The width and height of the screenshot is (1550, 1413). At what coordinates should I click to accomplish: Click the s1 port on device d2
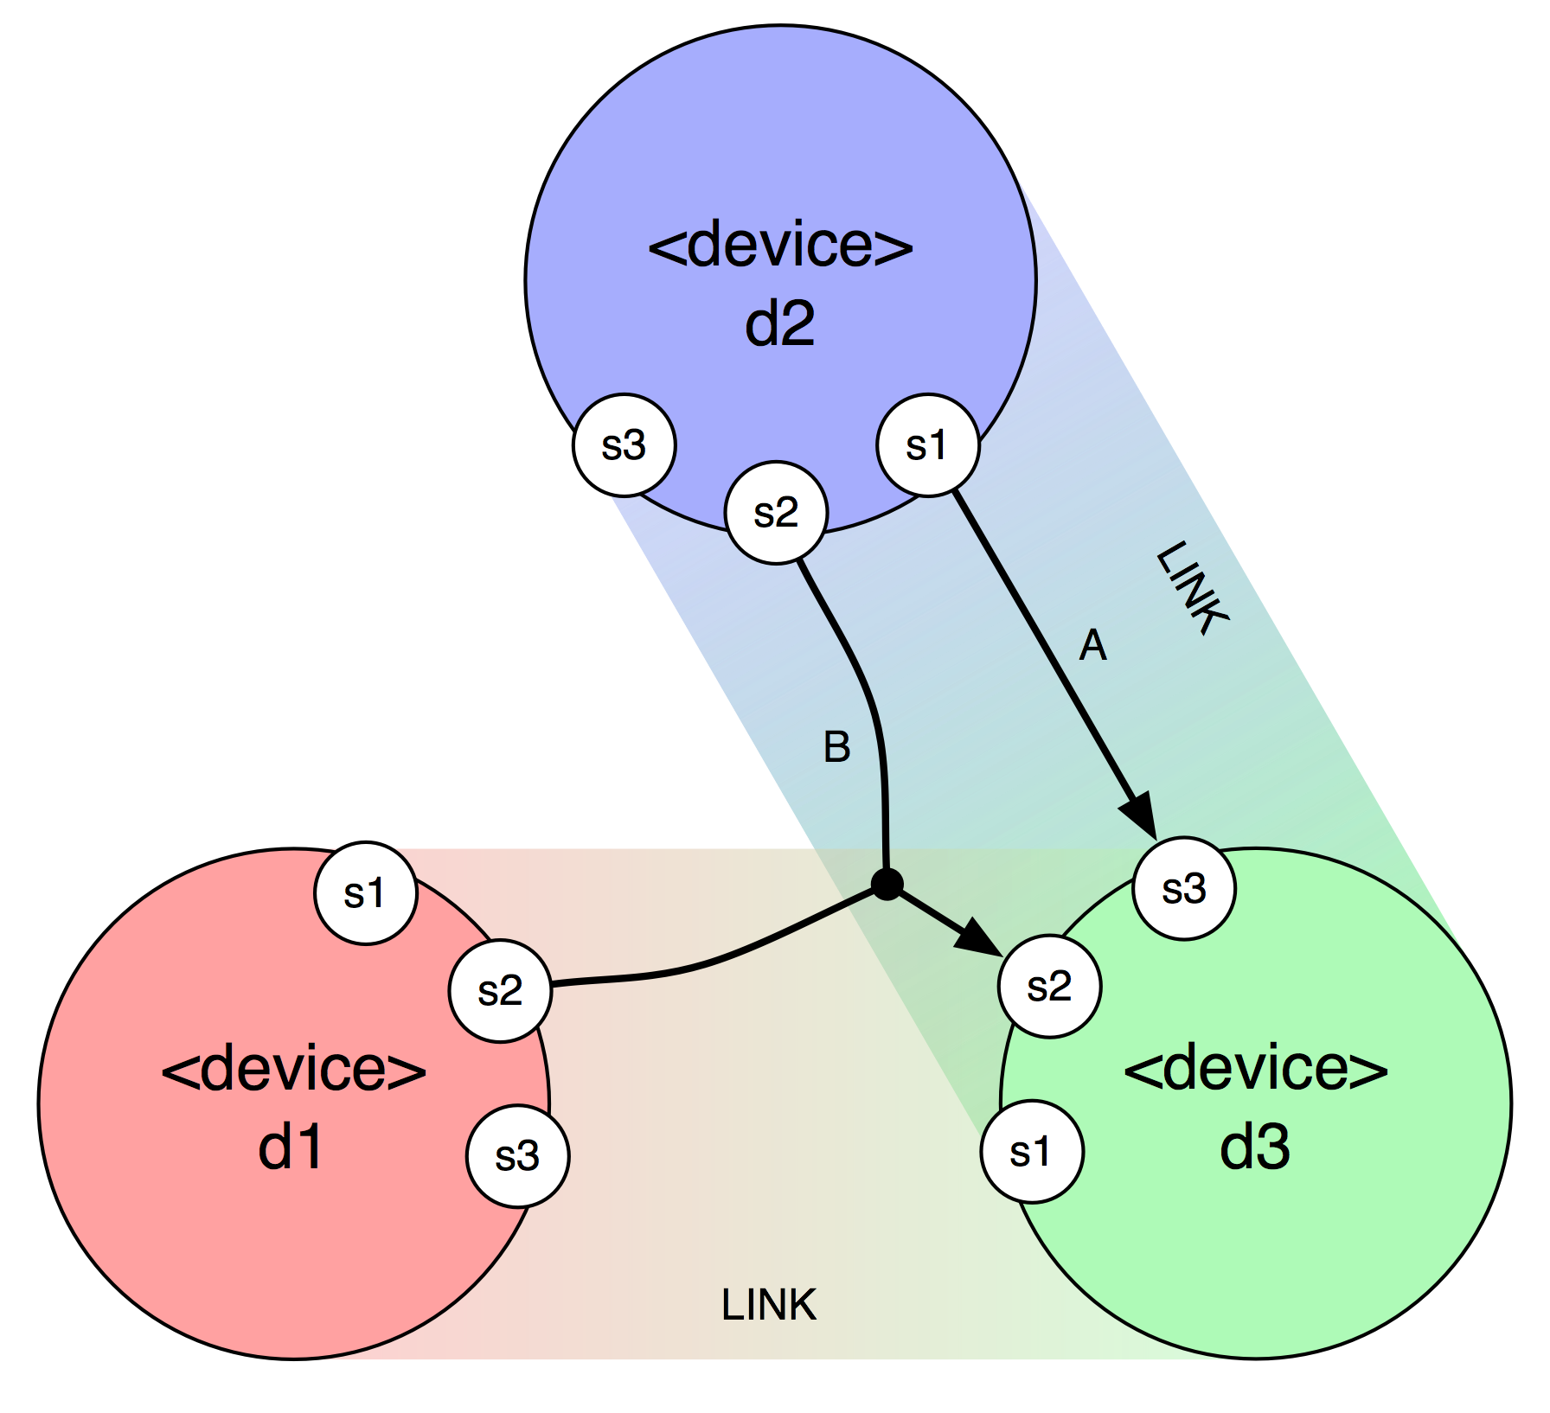tap(928, 445)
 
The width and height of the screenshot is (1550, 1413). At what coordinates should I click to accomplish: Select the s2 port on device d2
tap(776, 513)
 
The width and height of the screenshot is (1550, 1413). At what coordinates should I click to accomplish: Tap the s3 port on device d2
tap(624, 445)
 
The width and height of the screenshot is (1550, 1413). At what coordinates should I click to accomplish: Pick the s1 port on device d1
tap(366, 893)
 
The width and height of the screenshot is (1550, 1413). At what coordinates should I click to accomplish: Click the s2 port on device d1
tap(500, 990)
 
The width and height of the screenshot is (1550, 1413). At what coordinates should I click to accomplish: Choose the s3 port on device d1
tap(517, 1155)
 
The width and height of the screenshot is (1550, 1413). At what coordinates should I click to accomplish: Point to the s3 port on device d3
tap(1184, 889)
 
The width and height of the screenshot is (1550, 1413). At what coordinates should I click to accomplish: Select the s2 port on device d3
tap(1049, 986)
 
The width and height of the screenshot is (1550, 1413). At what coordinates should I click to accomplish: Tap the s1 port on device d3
tap(1032, 1151)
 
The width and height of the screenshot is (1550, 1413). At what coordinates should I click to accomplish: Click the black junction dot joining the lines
tap(887, 884)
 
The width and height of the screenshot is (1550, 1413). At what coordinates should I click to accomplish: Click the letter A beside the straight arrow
tap(1093, 646)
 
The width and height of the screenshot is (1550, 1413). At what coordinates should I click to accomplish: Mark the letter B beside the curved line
tap(837, 747)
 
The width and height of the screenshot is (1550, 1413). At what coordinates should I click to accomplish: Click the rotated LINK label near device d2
tap(1193, 588)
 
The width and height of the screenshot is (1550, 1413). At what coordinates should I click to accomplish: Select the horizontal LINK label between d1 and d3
tap(769, 1305)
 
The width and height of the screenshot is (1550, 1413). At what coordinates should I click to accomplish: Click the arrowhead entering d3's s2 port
tap(981, 939)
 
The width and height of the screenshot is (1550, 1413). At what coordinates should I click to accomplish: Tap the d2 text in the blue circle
tap(780, 324)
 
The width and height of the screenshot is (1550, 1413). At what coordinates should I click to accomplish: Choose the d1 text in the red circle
tap(291, 1148)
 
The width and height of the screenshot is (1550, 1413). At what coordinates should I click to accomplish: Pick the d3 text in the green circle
tap(1255, 1148)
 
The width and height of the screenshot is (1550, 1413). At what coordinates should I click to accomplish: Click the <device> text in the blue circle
tap(780, 245)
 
